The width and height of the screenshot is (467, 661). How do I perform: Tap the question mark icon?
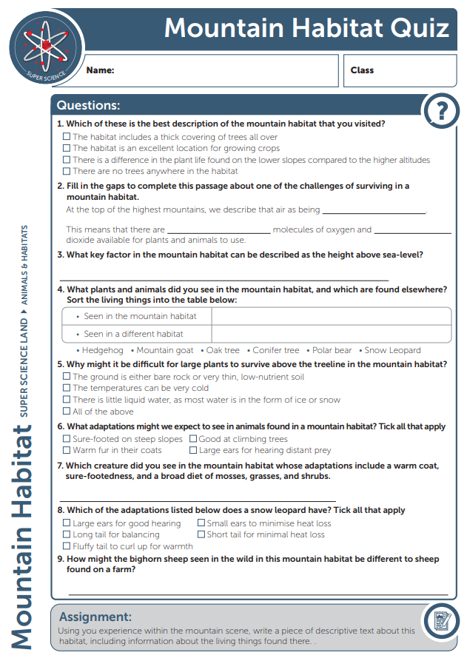441,112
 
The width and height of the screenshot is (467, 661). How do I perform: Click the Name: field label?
100,70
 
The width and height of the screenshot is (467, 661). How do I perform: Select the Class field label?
362,70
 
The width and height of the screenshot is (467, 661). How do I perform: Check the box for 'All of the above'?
67,412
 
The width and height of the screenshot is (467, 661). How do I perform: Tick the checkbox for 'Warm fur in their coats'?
67,450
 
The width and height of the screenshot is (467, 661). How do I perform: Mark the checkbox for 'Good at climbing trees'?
193,439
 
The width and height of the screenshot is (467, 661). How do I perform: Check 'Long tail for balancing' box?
67,534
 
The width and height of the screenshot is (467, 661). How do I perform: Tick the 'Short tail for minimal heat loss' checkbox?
201,534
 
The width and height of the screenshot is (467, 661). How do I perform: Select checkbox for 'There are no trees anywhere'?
67,171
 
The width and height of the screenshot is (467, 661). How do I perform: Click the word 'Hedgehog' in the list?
102,350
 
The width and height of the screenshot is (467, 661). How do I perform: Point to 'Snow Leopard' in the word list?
392,350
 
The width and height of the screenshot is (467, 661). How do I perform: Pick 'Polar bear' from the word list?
332,350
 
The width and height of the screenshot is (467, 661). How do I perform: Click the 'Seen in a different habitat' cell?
133,334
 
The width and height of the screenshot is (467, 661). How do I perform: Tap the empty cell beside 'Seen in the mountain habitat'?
331,316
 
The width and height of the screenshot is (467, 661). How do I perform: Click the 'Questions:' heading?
88,106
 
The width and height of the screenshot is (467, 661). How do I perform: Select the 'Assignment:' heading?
95,617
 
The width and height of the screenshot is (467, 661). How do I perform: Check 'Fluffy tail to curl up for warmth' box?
67,546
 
